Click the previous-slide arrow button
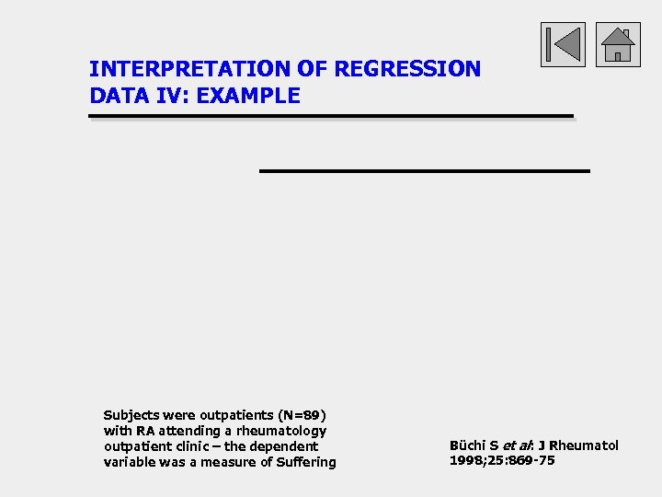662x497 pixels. pyautogui.click(x=563, y=44)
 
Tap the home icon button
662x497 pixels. pyautogui.click(x=618, y=44)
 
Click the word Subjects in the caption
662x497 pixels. pyautogui.click(x=131, y=415)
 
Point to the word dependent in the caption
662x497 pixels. pyautogui.click(x=280, y=446)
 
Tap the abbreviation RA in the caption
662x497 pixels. pyautogui.click(x=146, y=431)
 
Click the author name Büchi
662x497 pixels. pyautogui.click(x=468, y=445)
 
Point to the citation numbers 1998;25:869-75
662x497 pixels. pyautogui.click(x=502, y=461)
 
